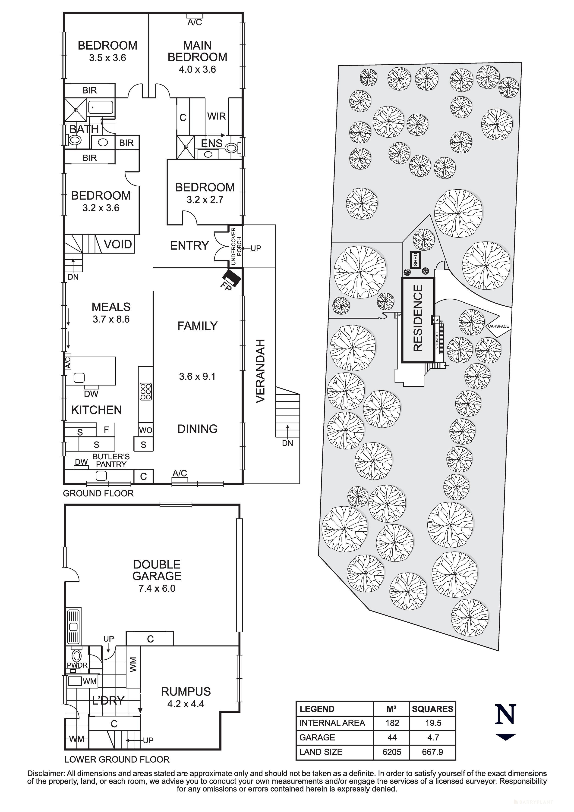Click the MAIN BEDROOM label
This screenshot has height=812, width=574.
pyautogui.click(x=197, y=51)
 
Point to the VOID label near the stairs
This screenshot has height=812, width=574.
pyautogui.click(x=118, y=244)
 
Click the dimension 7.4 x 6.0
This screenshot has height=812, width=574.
pyautogui.click(x=157, y=589)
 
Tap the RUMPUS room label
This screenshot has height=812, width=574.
pyautogui.click(x=186, y=691)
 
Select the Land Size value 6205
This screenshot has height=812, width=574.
pyautogui.click(x=392, y=752)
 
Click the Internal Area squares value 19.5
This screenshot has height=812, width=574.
pyautogui.click(x=433, y=723)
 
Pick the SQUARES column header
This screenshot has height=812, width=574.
pyautogui.click(x=432, y=709)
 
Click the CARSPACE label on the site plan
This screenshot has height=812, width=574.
pyautogui.click(x=498, y=326)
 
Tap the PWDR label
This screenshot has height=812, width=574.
pyautogui.click(x=77, y=665)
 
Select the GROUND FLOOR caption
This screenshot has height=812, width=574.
pyautogui.click(x=98, y=493)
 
